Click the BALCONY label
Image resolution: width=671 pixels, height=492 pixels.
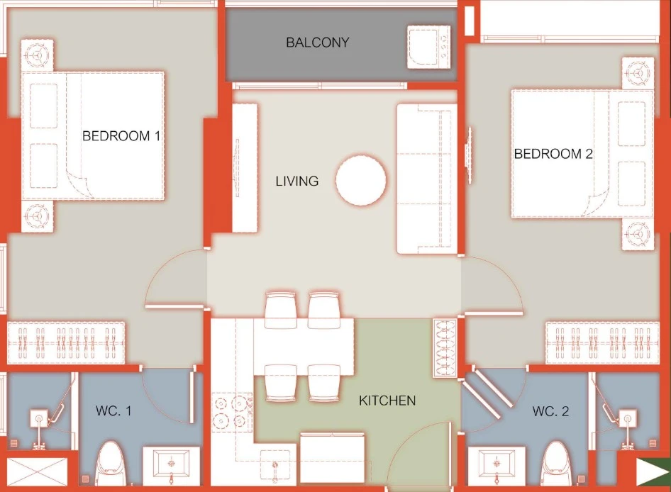point(318,43)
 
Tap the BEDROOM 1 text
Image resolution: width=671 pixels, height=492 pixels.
point(121,136)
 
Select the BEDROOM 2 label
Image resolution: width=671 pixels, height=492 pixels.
point(553,154)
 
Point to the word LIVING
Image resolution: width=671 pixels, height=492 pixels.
point(297,181)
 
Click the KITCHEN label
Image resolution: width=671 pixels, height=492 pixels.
point(387,401)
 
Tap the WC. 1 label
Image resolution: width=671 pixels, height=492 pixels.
point(113,410)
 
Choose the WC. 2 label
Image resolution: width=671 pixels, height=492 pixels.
point(550,411)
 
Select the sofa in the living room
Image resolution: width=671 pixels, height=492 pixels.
point(426,179)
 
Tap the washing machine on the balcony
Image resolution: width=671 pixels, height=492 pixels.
point(428,47)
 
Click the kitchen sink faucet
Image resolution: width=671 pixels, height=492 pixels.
point(275,469)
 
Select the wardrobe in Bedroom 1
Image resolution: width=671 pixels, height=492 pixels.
point(67,342)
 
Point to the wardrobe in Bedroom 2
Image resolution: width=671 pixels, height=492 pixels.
point(602,342)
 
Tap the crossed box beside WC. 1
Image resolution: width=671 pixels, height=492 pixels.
point(37,472)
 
